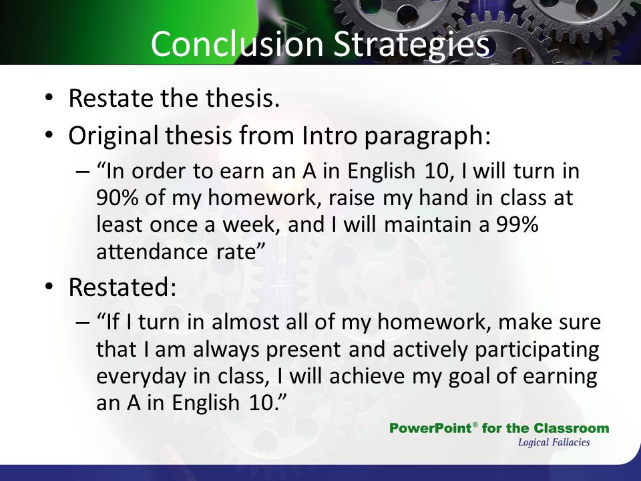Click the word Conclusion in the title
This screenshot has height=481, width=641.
[x=237, y=43]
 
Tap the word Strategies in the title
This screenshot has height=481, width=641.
[x=411, y=45]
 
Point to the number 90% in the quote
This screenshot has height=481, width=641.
[x=117, y=198]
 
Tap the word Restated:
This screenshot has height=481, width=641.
[x=122, y=287]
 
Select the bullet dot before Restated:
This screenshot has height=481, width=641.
[x=49, y=287]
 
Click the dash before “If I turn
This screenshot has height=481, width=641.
[x=82, y=322]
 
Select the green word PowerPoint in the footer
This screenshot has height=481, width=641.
[x=431, y=428]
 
